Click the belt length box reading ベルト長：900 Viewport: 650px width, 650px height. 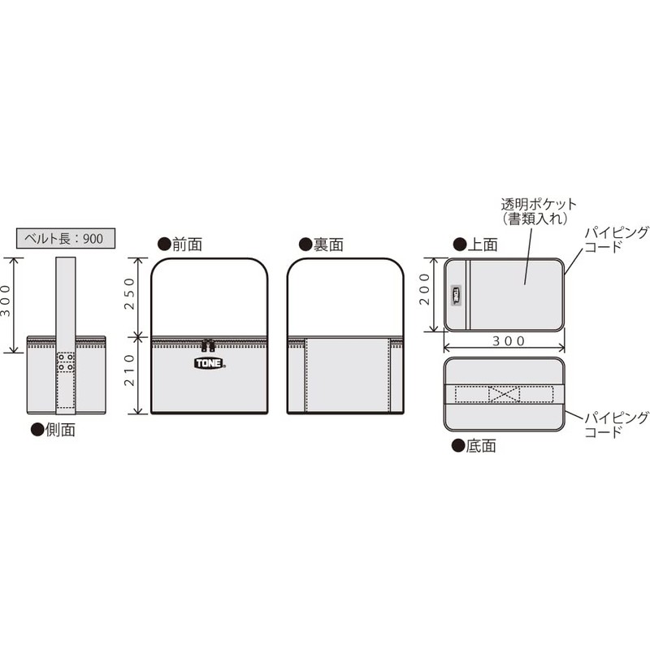[66, 238]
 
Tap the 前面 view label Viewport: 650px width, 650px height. [180, 245]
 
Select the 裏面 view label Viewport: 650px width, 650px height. [321, 245]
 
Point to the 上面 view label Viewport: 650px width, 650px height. [475, 245]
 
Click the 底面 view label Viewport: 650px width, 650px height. [474, 446]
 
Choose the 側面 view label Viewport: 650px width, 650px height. [53, 430]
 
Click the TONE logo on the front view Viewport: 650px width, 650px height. [210, 363]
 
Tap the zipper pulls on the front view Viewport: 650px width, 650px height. [208, 345]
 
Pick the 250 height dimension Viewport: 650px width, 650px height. [130, 293]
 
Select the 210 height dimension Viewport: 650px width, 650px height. [130, 370]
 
